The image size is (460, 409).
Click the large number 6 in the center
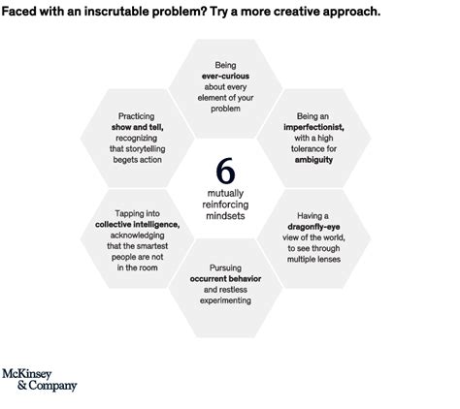tap(225, 171)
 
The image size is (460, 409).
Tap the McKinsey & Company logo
tap(40, 380)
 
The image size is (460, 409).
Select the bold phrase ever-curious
tap(225, 76)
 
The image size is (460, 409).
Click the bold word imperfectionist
tap(313, 127)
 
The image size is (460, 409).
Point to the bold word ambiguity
tap(313, 160)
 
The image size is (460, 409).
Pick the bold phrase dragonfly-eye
tap(313, 227)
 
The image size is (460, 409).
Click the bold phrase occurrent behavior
tap(225, 278)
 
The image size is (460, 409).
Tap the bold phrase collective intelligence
tap(138, 224)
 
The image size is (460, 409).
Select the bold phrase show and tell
tap(138, 127)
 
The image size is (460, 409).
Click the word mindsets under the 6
tap(225, 216)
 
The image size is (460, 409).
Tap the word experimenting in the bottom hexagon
tap(225, 300)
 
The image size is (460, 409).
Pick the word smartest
tap(151, 246)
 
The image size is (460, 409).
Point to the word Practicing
tap(137, 116)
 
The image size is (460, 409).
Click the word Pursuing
tap(225, 267)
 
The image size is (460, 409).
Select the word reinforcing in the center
tap(225, 204)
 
